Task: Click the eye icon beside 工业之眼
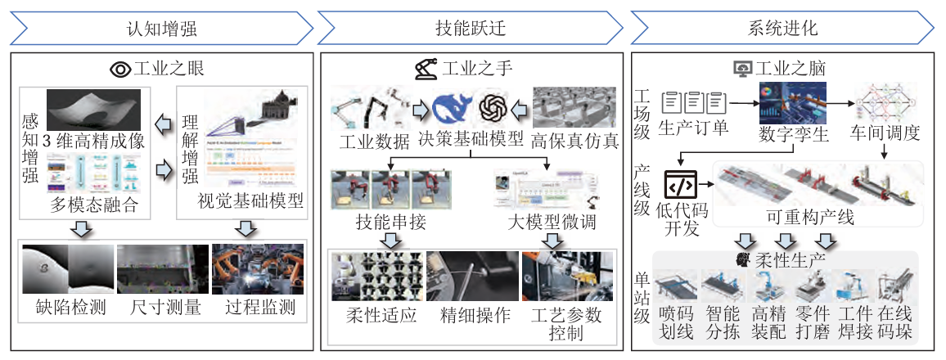(x=120, y=69)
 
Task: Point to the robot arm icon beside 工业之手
(x=426, y=69)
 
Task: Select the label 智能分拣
(x=721, y=324)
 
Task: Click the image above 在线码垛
(x=894, y=287)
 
